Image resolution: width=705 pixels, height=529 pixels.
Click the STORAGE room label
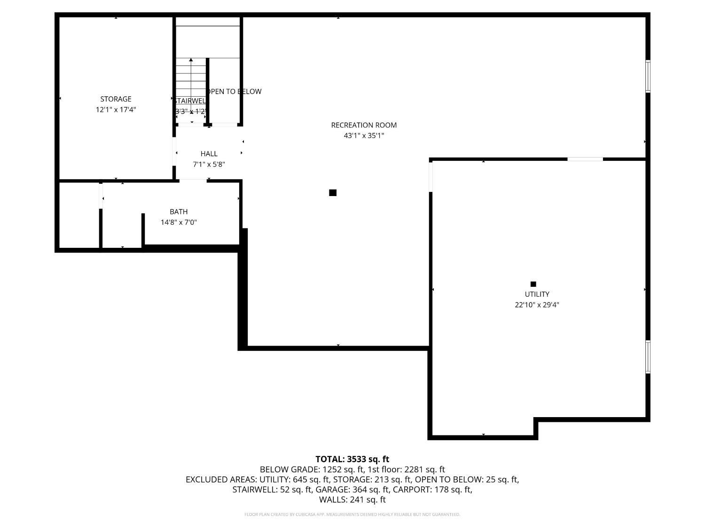point(116,99)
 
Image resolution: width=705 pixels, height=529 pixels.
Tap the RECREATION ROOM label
point(364,125)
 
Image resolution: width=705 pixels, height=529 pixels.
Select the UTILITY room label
point(537,294)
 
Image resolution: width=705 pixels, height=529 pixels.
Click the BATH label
point(179,212)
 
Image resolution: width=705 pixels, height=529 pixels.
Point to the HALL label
point(209,154)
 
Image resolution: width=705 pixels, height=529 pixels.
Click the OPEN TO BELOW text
point(234,91)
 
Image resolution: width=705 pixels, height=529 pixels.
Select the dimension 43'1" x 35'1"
point(364,135)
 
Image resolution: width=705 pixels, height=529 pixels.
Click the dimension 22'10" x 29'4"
point(537,305)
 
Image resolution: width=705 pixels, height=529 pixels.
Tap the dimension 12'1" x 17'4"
point(116,110)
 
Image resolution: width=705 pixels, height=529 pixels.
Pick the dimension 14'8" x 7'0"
point(179,222)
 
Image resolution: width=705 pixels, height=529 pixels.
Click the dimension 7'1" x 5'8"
point(209,165)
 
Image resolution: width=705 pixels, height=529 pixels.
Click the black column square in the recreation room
point(333,193)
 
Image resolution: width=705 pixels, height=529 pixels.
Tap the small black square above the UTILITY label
point(533,284)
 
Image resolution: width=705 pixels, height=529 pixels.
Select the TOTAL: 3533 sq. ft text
point(352,459)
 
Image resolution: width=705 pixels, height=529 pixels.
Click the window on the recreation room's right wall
point(648,76)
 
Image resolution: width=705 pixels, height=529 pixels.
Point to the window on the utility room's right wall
point(648,357)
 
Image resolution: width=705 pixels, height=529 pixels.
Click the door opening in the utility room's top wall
point(585,159)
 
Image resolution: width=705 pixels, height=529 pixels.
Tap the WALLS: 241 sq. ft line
point(352,499)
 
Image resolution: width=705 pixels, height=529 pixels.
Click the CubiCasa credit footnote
point(352,514)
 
